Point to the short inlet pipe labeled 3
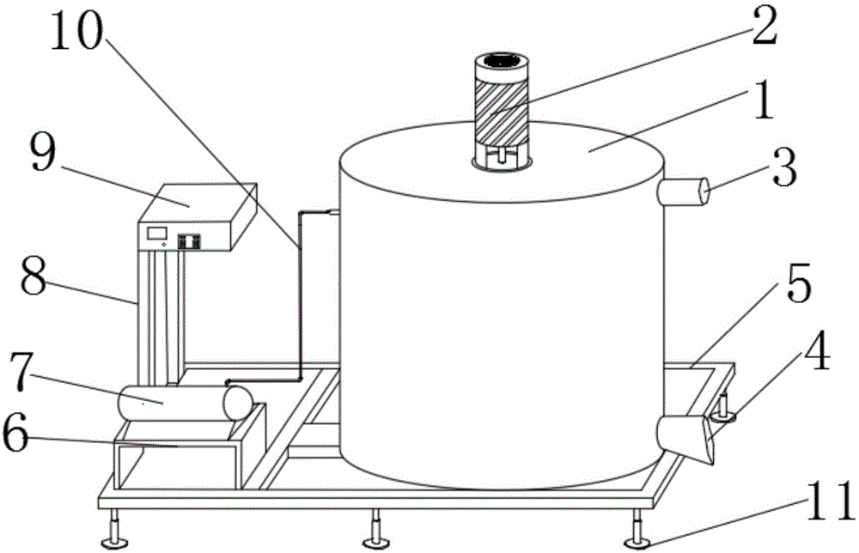point(685,191)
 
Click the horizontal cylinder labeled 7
point(184,403)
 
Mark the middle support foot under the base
point(375,541)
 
